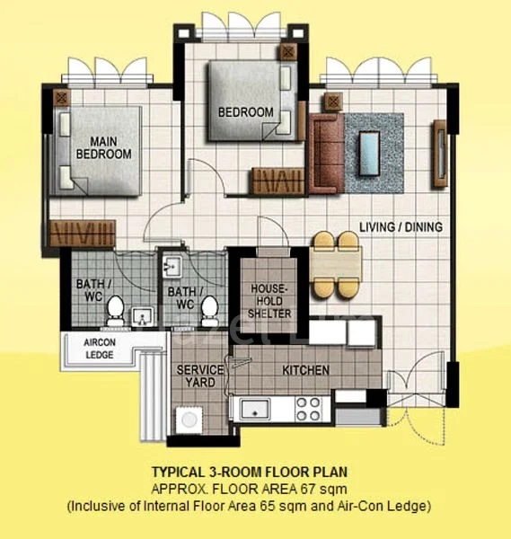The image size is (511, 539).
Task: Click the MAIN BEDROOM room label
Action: (103, 147)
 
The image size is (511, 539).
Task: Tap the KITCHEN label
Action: (305, 370)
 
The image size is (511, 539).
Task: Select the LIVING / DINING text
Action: (401, 227)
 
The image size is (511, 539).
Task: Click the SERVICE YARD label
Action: (194, 376)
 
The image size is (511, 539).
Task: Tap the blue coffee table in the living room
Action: (369, 146)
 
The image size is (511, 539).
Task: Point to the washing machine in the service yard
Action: (189, 420)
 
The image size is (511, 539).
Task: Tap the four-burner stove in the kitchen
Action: (308, 410)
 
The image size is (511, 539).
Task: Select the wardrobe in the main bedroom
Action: (82, 234)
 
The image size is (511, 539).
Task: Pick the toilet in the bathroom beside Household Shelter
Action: (209, 309)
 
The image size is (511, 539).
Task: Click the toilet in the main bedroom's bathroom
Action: (115, 311)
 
